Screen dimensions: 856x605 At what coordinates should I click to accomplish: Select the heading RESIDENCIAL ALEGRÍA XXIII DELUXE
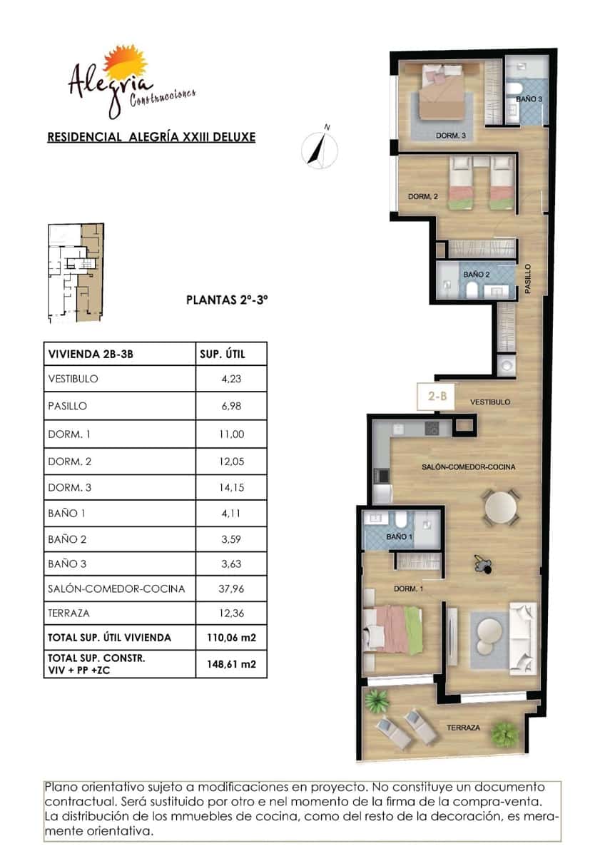151,137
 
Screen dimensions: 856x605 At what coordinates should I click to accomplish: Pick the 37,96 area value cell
231,588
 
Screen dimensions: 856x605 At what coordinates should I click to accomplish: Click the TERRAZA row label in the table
68,613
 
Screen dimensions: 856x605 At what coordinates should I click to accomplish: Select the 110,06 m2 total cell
231,637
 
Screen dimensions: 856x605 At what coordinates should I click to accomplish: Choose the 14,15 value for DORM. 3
231,488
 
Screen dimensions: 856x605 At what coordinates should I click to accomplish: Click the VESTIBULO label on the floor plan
490,402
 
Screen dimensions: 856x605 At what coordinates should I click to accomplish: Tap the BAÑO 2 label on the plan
476,274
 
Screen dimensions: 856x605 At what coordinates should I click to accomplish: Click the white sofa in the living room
522,637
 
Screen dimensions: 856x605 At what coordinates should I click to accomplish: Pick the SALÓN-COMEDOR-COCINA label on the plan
477,467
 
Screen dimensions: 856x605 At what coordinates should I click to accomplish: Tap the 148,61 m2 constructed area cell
231,663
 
